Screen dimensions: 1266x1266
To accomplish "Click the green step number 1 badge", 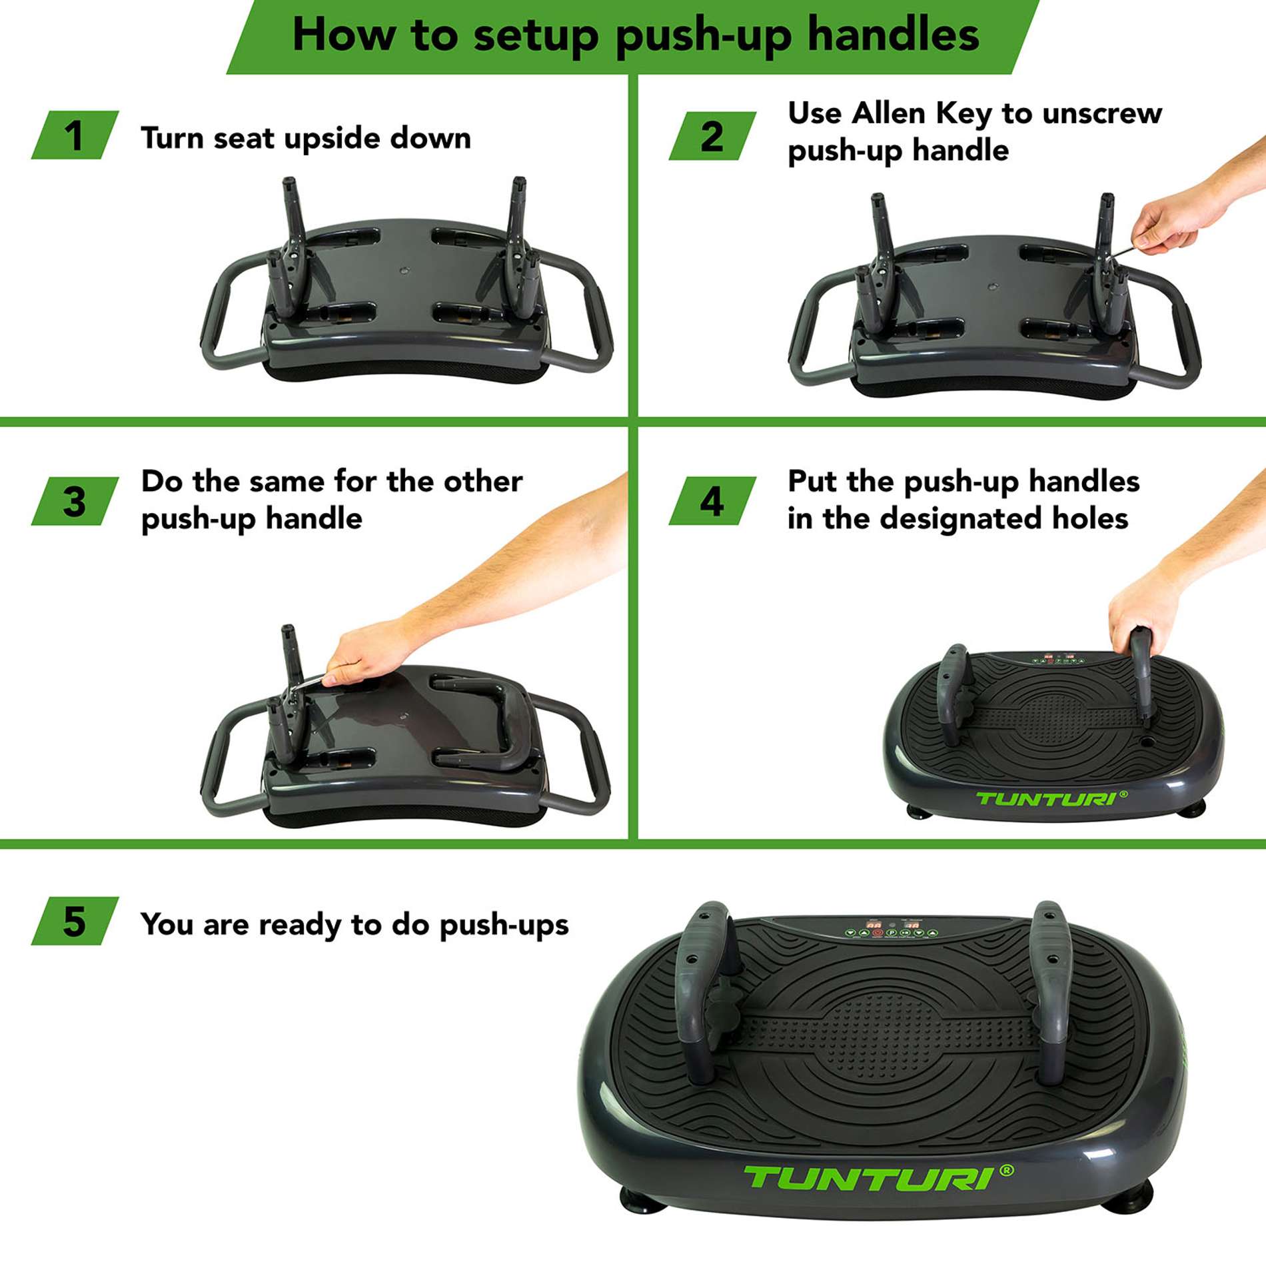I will (x=75, y=135).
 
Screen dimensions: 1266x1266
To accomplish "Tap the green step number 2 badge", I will (x=712, y=136).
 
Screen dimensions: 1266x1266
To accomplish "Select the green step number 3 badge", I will (x=75, y=502).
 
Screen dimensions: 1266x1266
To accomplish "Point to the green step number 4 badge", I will (x=712, y=502).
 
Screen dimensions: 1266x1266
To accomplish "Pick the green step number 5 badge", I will (x=75, y=922).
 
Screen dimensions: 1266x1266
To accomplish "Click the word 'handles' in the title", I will (x=893, y=35).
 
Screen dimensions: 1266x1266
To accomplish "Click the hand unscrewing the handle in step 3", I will (x=366, y=653).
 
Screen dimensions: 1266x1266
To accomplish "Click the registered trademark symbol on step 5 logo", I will (x=1007, y=1170).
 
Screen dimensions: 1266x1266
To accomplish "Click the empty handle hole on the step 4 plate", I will (x=1148, y=740).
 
